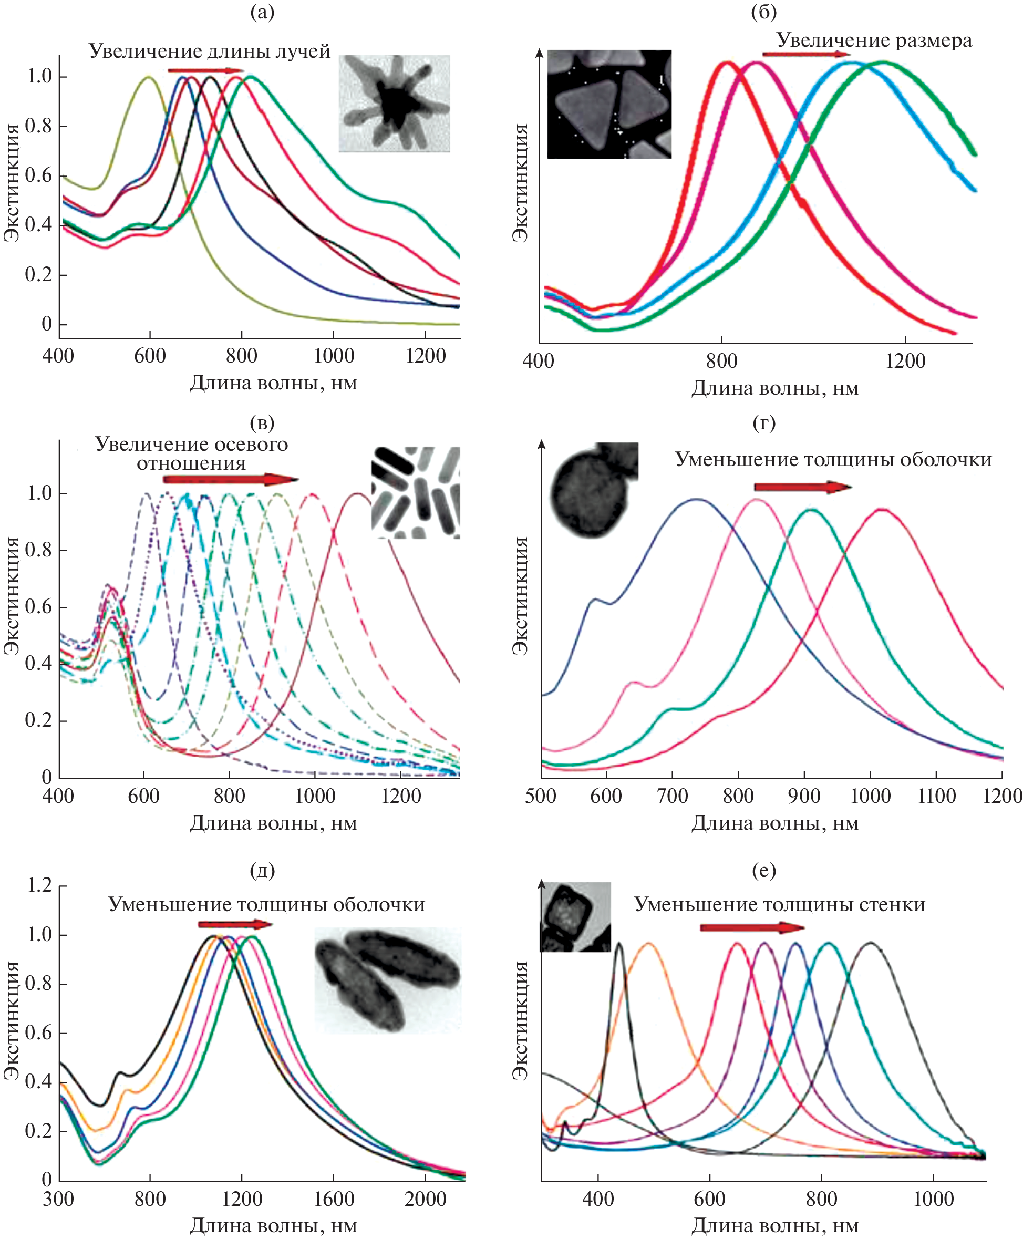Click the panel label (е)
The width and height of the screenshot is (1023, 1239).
point(764,870)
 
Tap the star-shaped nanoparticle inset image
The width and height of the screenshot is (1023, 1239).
point(394,104)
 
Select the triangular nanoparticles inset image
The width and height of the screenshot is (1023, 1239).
point(609,104)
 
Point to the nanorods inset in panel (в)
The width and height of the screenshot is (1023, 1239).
point(416,492)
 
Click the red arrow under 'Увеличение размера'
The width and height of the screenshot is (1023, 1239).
point(805,55)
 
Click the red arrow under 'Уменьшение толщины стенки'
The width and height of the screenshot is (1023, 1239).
point(751,928)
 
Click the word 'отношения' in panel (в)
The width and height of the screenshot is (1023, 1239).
point(192,463)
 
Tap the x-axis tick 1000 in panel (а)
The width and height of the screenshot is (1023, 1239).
point(334,356)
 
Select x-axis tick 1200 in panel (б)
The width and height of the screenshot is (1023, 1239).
point(905,360)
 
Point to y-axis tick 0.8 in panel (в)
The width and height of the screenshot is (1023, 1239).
point(39,550)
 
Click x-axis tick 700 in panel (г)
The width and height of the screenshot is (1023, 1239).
point(673,796)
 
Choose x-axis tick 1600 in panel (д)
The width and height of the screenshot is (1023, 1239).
point(334,1199)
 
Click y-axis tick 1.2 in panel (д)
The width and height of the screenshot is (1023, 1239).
point(39,885)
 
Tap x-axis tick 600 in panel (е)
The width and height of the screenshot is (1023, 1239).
point(709,1199)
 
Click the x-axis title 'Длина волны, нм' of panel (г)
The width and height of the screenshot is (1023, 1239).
point(774,822)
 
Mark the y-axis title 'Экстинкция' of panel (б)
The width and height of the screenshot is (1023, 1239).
point(519,183)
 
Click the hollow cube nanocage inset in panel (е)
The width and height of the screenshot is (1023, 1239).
point(575,917)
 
